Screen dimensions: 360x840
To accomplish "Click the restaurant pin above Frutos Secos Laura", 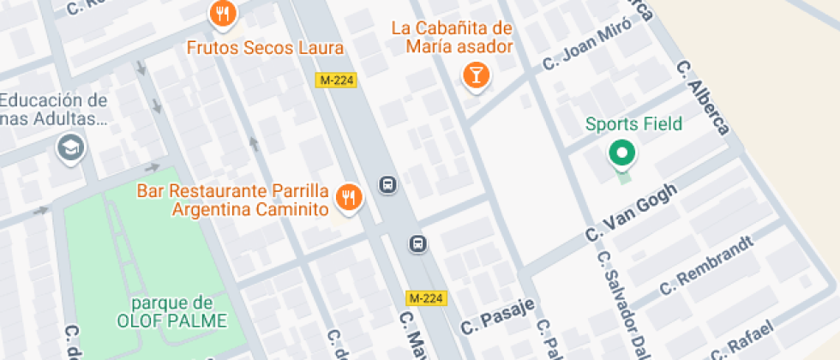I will pos(223,13).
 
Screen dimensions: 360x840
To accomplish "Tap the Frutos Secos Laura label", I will pos(265,48).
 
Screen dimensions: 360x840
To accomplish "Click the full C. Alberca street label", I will pos(703,97).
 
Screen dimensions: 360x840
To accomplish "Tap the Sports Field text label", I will pos(634,124).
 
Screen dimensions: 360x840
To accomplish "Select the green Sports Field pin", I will pos(621,154).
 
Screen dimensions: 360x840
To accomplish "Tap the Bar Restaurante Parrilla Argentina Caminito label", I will pos(233,199).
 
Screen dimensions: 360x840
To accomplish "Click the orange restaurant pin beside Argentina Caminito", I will pos(348,198).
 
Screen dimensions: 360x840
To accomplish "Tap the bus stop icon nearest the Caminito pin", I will pos(387,184).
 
